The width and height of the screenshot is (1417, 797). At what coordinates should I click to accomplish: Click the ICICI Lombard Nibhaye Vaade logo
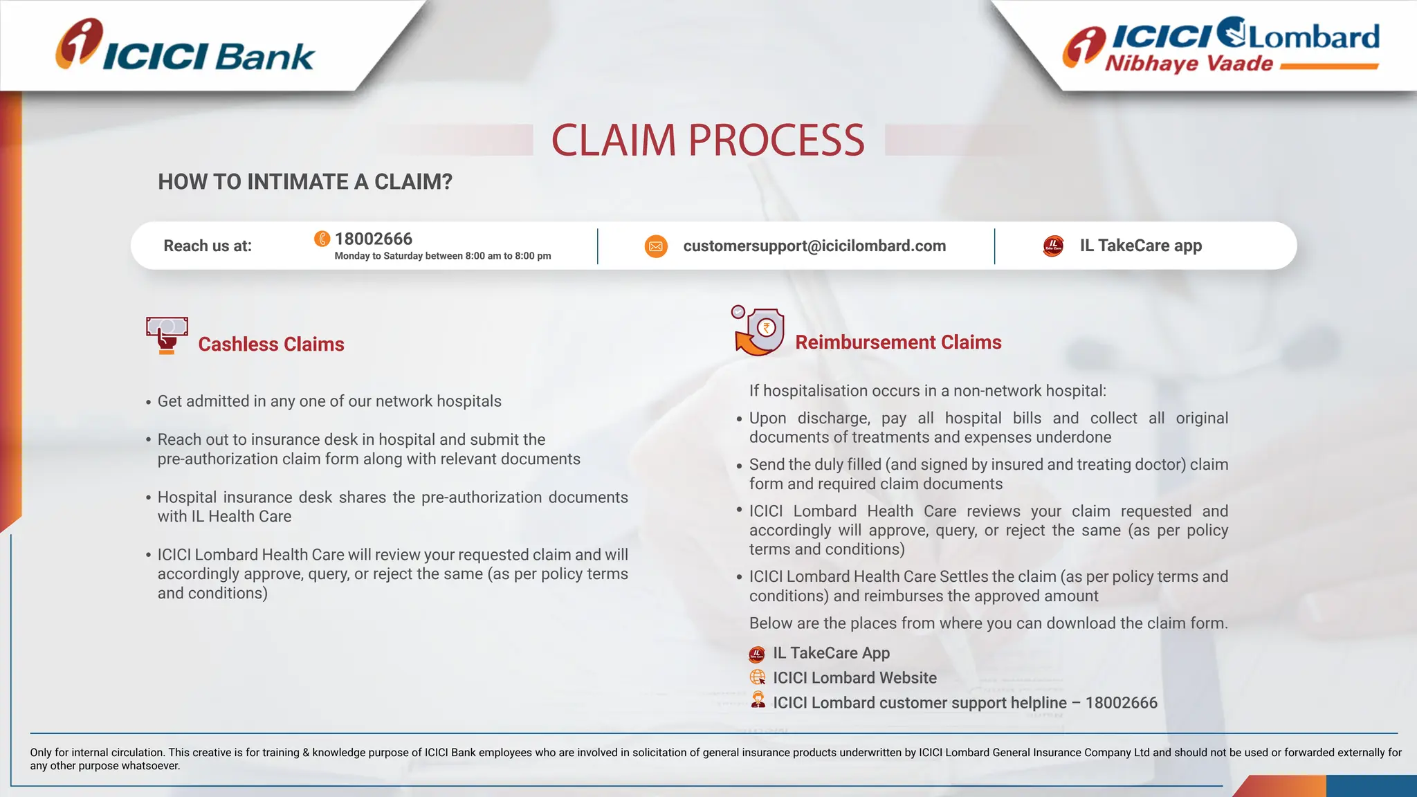click(x=1221, y=46)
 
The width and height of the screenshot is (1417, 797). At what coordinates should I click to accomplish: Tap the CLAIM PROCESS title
click(x=708, y=140)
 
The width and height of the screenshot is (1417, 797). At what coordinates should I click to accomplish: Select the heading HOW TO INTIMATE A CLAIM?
click(x=305, y=182)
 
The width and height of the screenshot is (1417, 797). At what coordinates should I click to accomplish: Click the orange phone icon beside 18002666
click(x=322, y=239)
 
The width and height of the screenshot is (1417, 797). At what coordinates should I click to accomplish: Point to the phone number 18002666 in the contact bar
click(x=374, y=239)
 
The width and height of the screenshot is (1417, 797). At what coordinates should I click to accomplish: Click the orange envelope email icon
click(x=656, y=246)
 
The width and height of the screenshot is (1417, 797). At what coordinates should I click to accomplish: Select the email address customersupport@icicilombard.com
click(x=814, y=246)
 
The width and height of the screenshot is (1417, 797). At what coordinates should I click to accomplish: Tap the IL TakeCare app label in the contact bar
click(x=1141, y=246)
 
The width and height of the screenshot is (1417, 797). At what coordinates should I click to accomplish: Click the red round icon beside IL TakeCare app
click(x=1053, y=246)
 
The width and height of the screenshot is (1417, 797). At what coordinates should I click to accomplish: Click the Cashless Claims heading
click(x=271, y=345)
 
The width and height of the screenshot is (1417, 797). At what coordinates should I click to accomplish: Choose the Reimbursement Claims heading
click(x=898, y=342)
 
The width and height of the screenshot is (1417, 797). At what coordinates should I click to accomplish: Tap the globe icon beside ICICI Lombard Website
click(x=758, y=677)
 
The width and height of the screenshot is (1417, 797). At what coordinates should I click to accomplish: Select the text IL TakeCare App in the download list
click(x=831, y=653)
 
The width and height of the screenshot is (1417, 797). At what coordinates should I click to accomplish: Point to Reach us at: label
click(x=208, y=246)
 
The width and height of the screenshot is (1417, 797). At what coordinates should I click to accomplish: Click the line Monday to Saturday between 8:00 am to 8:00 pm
click(x=443, y=256)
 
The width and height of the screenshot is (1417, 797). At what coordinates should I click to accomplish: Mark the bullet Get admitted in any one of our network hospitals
click(x=329, y=401)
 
